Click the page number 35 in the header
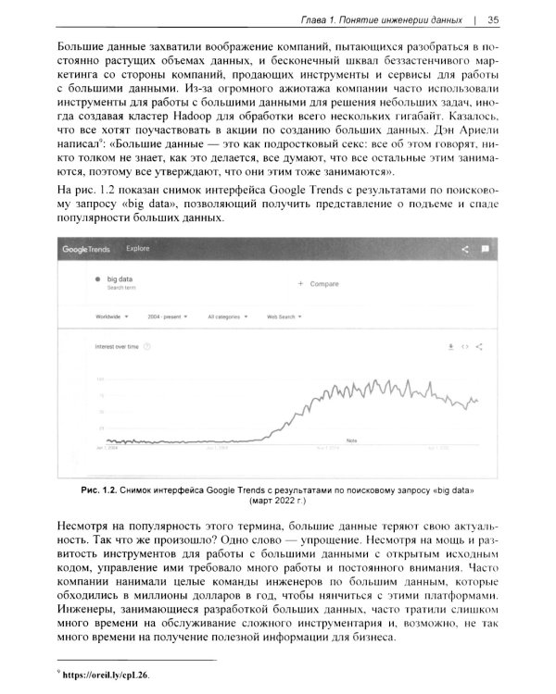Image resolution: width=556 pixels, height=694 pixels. [493, 19]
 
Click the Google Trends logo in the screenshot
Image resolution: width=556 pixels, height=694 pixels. [85, 249]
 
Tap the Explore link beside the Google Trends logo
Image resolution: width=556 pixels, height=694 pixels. [137, 249]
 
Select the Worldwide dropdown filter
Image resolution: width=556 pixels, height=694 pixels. [112, 316]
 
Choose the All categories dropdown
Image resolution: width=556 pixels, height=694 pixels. [228, 316]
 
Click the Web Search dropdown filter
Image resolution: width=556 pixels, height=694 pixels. [284, 316]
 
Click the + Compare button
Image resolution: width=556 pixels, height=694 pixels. [318, 283]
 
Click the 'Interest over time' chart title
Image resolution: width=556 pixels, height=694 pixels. [117, 346]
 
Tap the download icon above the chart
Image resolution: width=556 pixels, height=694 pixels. [450, 346]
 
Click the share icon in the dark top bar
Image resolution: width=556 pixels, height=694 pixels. [464, 249]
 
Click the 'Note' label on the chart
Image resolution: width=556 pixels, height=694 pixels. [351, 440]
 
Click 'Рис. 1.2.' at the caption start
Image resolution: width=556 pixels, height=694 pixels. [96, 487]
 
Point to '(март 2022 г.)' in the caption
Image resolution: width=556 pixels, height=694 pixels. [278, 499]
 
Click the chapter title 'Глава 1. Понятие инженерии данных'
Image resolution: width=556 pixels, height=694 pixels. [381, 19]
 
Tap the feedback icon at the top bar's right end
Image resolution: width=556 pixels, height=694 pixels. [485, 249]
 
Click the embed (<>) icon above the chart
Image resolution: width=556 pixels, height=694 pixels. [465, 346]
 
